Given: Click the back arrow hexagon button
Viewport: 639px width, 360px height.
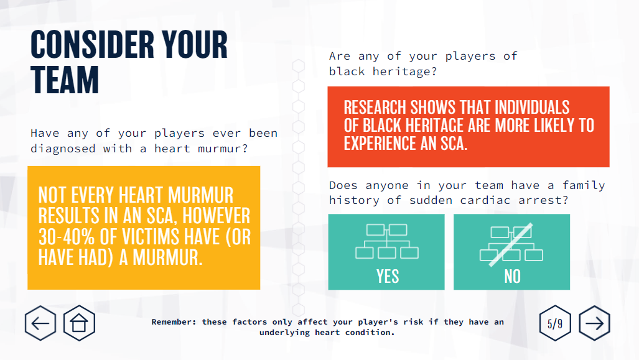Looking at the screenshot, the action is pos(40,323).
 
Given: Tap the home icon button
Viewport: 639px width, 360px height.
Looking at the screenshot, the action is pos(79,323).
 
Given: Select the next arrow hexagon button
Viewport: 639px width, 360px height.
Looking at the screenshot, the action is pos(595,323).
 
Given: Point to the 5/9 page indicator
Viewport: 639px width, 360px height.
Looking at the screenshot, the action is pos(555,323).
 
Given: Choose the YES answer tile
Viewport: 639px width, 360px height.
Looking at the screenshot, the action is pos(386,252).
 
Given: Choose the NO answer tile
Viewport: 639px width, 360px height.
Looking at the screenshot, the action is pos(512,252).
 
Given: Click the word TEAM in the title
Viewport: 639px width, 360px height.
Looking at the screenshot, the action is pos(65,80).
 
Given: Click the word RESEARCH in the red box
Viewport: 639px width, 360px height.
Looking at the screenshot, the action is pos(375,108).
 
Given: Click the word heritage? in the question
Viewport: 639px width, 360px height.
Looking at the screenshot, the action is pos(404,72).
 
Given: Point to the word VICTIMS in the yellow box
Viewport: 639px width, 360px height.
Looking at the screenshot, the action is pos(151,237).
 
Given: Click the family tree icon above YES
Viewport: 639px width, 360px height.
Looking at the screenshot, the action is pos(387,241).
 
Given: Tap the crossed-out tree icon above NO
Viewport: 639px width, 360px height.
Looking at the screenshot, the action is pos(511,244).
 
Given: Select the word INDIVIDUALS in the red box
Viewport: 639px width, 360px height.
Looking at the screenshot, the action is pos(532,108).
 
